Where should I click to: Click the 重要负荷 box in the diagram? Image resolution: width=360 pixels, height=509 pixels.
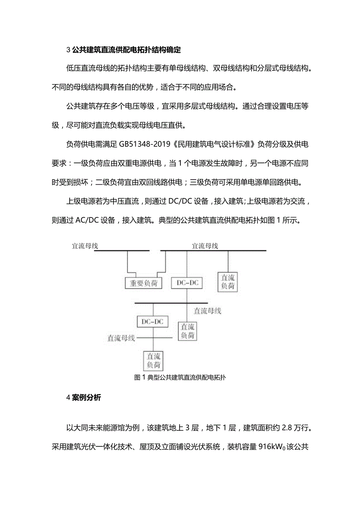coord(143,283)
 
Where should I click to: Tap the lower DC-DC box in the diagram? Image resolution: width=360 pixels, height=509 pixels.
coord(153,322)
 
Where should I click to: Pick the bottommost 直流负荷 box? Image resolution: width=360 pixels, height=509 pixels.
coord(153,360)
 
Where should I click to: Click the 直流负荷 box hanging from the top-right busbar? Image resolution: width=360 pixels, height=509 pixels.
coord(228,282)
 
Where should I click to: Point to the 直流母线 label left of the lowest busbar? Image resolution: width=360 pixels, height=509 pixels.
coord(121,338)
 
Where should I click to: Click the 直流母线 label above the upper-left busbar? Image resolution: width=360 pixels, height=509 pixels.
coord(85,246)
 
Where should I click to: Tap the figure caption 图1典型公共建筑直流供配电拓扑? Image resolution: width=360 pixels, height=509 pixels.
coord(180,378)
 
